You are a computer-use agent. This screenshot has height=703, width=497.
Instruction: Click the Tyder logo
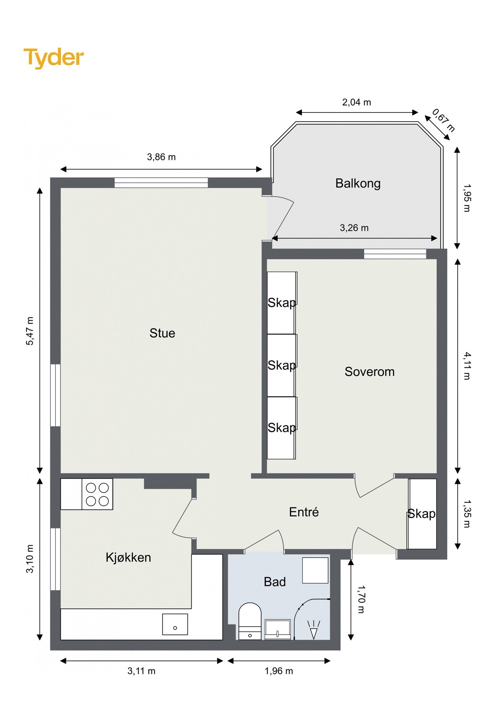pyautogui.click(x=53, y=58)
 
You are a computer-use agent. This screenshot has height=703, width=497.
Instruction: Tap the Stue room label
pyautogui.click(x=162, y=333)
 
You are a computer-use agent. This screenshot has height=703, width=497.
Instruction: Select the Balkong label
pyautogui.click(x=358, y=183)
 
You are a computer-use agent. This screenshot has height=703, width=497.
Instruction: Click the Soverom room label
pyautogui.click(x=369, y=371)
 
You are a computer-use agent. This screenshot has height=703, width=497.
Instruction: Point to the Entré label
pyautogui.click(x=304, y=512)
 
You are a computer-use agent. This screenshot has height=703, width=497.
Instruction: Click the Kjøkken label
pyautogui.click(x=128, y=557)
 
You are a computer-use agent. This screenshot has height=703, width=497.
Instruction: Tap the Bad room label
pyautogui.click(x=274, y=582)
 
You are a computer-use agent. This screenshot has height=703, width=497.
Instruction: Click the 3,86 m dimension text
pyautogui.click(x=161, y=157)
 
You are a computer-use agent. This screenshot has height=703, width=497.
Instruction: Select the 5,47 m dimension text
pyautogui.click(x=30, y=331)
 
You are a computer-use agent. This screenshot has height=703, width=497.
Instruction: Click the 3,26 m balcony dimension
pyautogui.click(x=354, y=228)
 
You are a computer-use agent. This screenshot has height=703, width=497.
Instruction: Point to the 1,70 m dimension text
pyautogui.click(x=361, y=599)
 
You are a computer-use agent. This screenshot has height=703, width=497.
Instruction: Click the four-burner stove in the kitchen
pyautogui.click(x=97, y=494)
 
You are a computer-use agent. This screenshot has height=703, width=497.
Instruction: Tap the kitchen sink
pyautogui.click(x=175, y=624)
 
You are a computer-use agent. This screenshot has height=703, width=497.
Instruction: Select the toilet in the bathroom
pyautogui.click(x=249, y=621)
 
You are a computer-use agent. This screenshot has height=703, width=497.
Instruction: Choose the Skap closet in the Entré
pyautogui.click(x=422, y=514)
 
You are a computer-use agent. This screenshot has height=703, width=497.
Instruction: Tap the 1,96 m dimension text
pyautogui.click(x=278, y=671)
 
